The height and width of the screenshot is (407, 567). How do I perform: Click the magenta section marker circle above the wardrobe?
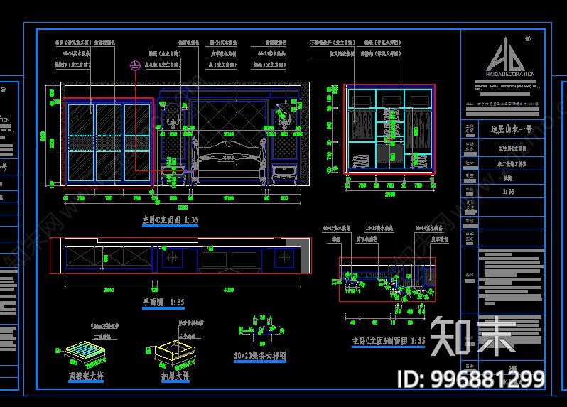(x=134, y=66)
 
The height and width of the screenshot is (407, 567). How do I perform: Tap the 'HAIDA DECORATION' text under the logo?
(x=509, y=73)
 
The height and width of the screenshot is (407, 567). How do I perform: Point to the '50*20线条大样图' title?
(x=259, y=355)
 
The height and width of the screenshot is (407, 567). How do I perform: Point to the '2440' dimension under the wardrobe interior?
(x=389, y=192)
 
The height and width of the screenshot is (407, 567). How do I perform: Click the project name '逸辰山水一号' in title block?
(x=509, y=130)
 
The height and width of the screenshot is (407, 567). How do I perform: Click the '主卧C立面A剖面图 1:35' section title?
(x=388, y=342)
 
